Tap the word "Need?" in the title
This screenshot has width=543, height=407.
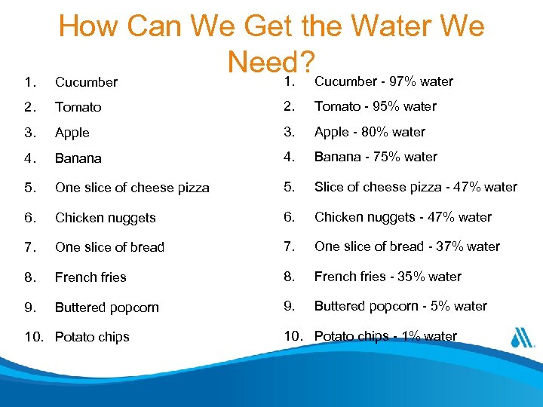point(273,63)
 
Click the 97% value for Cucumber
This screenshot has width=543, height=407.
point(403,81)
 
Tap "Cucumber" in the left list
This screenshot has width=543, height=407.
point(86,82)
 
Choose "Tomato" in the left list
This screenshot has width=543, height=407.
point(78,107)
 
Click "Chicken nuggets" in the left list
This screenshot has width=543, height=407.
point(105,218)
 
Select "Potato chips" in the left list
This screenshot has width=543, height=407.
point(92,337)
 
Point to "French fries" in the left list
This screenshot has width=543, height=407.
point(90,277)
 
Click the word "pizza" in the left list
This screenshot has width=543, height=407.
point(193,188)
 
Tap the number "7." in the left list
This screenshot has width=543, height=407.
point(29,247)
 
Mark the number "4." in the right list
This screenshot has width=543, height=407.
point(289,157)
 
